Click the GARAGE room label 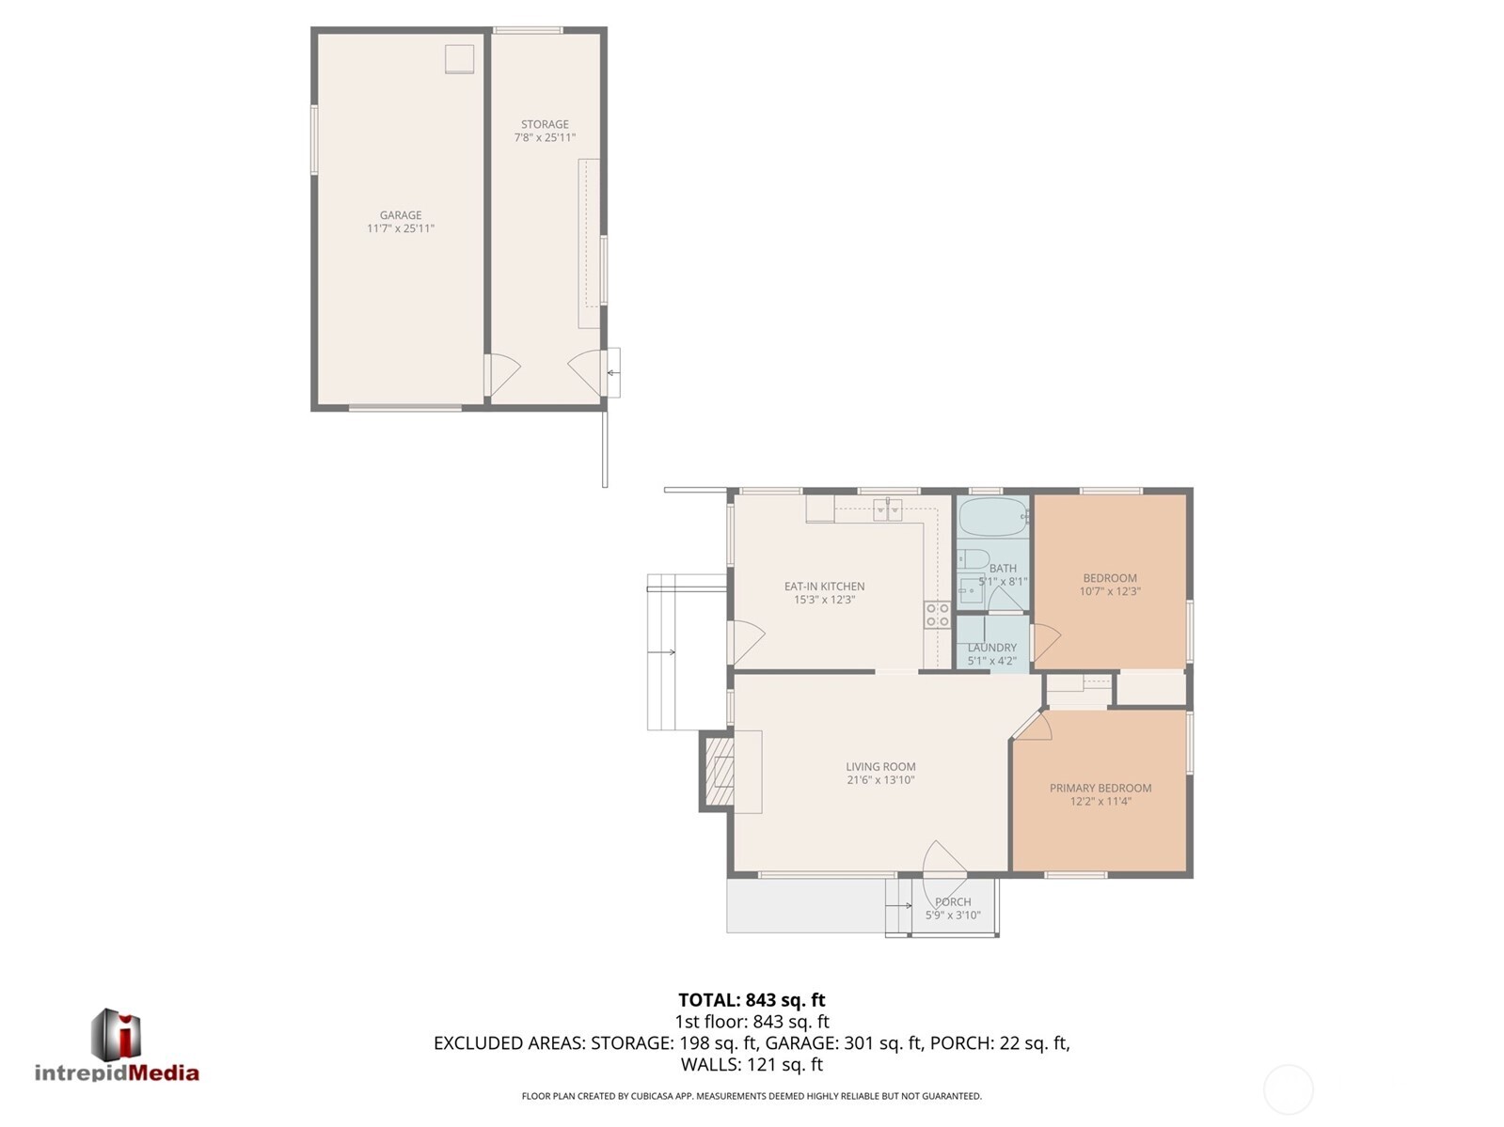(401, 215)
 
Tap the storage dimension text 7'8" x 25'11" (545, 137)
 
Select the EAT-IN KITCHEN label (824, 586)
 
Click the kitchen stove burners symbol (937, 615)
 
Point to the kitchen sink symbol (887, 509)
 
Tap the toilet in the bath (973, 558)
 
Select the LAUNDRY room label (991, 648)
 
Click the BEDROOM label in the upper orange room (1110, 578)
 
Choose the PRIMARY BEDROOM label (1100, 788)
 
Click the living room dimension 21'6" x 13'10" (879, 780)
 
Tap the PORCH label (953, 901)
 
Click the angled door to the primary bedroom (1032, 726)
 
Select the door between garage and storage (501, 374)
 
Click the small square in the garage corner (460, 58)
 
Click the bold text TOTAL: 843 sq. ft (752, 1000)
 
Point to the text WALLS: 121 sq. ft (752, 1065)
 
